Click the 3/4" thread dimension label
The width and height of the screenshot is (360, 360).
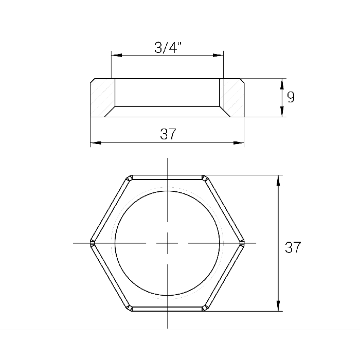pos(168,47)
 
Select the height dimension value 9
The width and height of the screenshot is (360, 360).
pos(291,97)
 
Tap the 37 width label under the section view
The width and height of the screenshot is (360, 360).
pos(168,134)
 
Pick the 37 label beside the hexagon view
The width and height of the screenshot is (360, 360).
pos(293,247)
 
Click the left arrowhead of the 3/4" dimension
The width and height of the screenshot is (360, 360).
pos(116,56)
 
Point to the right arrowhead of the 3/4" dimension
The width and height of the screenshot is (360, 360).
pos(218,56)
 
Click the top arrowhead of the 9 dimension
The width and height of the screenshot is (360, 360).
pos(282,84)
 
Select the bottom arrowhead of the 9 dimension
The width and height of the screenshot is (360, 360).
pos(282,112)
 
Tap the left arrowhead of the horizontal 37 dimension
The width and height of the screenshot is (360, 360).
pos(96,143)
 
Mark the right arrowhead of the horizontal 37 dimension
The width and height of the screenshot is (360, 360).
pos(239,143)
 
